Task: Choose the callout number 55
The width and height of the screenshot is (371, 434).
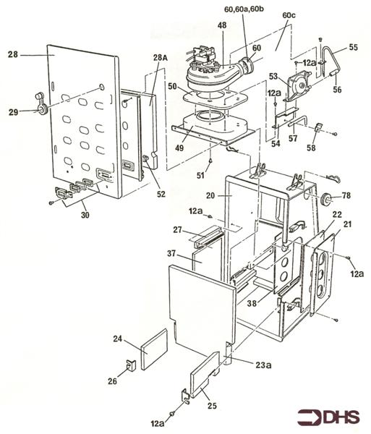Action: pos(353,47)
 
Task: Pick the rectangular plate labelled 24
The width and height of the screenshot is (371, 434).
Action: pos(154,346)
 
